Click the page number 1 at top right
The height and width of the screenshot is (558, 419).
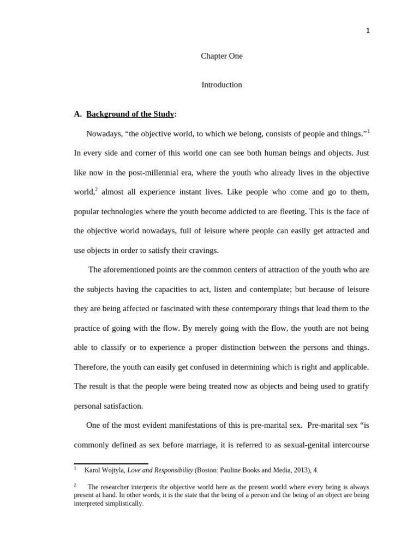tap(368, 31)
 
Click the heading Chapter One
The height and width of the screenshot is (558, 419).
tap(222, 56)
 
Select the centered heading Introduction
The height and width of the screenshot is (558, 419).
tap(222, 85)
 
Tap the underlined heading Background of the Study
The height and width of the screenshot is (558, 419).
tap(130, 114)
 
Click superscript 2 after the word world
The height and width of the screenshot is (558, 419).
tap(97, 189)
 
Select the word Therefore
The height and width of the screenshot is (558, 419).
tap(91, 367)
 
